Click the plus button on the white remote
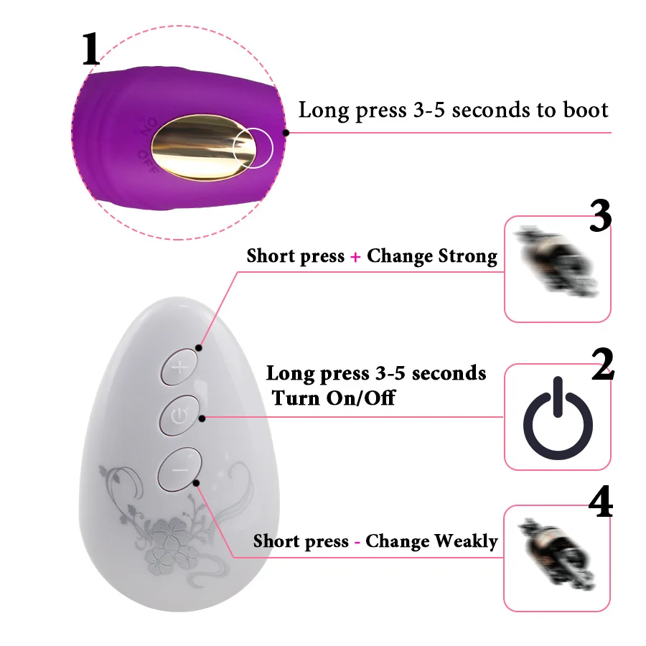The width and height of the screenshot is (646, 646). coord(179,367)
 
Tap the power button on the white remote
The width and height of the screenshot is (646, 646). coord(179,416)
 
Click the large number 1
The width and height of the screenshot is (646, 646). coord(90,49)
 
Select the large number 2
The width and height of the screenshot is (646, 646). coord(602,364)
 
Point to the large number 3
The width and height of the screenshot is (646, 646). coord(600,215)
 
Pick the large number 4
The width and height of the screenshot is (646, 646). coord(601,502)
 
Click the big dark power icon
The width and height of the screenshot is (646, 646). coord(558,418)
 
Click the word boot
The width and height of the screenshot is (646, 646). coord(586,110)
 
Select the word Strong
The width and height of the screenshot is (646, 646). coord(467,256)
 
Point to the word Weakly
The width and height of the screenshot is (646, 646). coord(466,541)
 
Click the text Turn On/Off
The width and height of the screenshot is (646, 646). coord(333,398)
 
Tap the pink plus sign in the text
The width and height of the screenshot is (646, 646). coord(355,257)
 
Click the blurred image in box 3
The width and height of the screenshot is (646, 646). coord(556,262)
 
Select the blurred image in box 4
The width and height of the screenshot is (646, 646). coord(556,554)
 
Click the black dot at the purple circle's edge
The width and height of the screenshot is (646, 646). coord(286,133)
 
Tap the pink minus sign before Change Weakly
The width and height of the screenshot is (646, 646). coord(357,542)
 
